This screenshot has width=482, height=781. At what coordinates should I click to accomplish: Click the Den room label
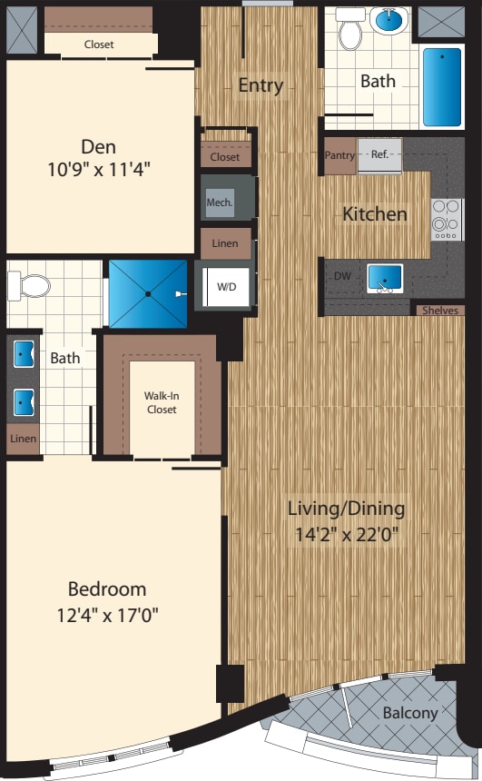click(x=98, y=146)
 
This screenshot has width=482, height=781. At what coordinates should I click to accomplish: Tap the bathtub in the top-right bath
click(x=442, y=87)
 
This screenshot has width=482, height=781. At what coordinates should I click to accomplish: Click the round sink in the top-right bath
click(x=391, y=20)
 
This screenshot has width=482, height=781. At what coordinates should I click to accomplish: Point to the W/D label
click(x=226, y=286)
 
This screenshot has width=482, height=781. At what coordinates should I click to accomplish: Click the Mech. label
click(x=219, y=203)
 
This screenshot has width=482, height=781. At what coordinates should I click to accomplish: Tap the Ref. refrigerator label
click(x=379, y=154)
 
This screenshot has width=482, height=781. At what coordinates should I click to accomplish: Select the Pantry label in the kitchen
click(x=339, y=155)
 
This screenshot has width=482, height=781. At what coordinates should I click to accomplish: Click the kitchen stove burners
click(x=447, y=218)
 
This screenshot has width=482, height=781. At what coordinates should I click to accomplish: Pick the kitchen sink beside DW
click(x=385, y=278)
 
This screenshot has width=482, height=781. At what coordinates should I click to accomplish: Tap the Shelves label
click(x=439, y=311)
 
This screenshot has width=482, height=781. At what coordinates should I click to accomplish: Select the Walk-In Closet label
click(x=161, y=402)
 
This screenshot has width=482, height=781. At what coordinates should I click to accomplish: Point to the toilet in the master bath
click(x=30, y=286)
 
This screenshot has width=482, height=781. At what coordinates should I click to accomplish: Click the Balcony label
click(x=409, y=713)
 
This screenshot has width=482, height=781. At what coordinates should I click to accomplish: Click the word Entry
click(x=261, y=86)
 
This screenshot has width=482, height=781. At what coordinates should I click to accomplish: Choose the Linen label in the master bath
click(x=24, y=439)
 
